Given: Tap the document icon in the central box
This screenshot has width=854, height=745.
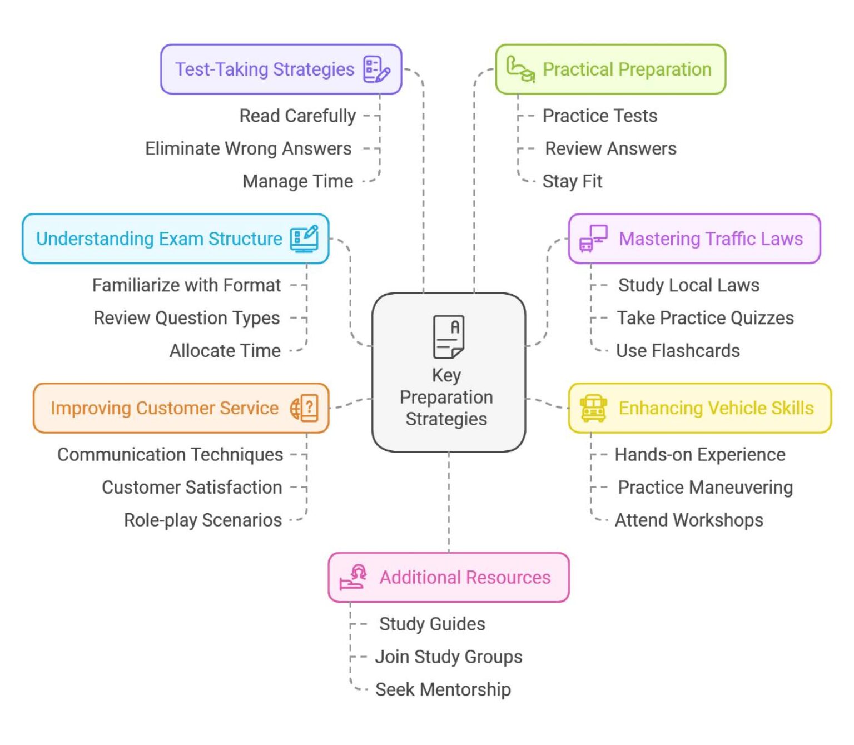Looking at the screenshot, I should pos(448,336).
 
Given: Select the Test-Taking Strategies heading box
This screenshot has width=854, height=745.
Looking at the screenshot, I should pos(281,69).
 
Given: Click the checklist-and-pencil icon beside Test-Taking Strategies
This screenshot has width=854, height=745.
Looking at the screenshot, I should pos(376,69).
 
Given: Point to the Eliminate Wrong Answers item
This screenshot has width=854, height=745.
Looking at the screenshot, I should pos(248,149).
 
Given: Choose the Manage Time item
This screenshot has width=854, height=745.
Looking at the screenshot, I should pos(297,182).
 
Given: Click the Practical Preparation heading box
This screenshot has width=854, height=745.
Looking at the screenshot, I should pos(610,69).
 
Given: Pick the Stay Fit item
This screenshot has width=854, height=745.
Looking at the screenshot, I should pos(572,182).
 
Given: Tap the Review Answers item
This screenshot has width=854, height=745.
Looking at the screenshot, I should pos(610,149).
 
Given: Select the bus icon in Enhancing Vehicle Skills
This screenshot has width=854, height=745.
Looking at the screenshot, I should pos(593,408).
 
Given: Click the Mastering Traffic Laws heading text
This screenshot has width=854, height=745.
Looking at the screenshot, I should pos(711,239).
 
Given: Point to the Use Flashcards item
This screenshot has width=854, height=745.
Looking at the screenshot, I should pos(678,351).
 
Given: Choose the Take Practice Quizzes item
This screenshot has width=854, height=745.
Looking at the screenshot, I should pos(705,318).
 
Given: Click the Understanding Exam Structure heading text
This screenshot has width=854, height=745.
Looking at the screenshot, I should pos(159,239).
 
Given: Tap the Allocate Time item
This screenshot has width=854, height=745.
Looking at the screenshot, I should pos(225,351).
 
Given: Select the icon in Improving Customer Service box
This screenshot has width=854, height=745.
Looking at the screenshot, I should pos(304,408).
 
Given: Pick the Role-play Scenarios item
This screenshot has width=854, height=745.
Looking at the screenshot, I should pos(203,520).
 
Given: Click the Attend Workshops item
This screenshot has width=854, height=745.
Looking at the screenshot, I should pos(689,520).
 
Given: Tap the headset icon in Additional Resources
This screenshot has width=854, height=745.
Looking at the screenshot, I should pos(354,577).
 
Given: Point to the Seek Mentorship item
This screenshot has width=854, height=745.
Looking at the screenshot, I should pos(443,690).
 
